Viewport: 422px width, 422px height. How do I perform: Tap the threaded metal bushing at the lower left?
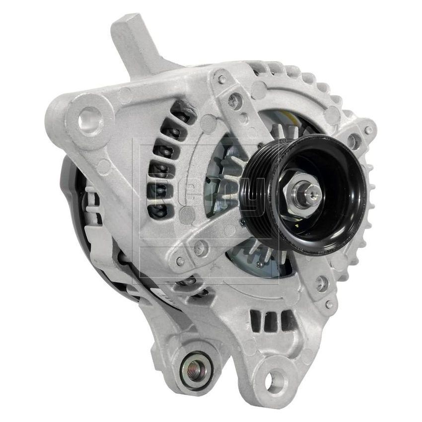click(x=197, y=368)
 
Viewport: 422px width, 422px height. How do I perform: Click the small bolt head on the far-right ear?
click(x=368, y=130)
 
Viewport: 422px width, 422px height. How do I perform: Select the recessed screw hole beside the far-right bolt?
click(x=354, y=141)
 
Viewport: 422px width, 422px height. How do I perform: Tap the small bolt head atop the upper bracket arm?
click(x=222, y=79)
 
